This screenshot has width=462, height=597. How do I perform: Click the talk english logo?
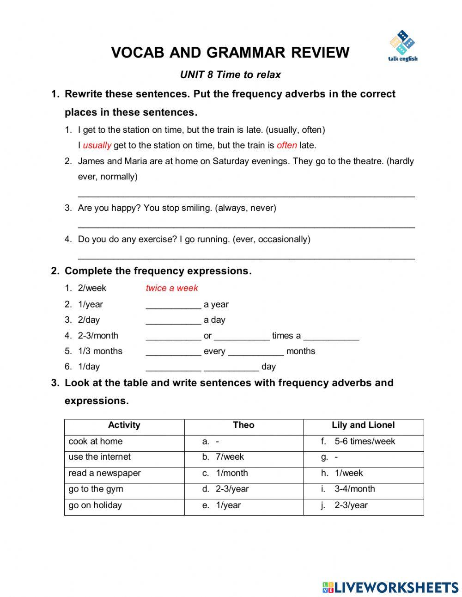(402, 46)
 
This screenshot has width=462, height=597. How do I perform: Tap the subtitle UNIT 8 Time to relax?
(231, 74)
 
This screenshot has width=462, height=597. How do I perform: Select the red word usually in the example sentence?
(97, 145)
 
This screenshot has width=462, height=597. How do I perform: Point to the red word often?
(286, 145)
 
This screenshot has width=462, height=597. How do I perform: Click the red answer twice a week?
(172, 288)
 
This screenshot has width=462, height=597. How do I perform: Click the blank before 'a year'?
(173, 305)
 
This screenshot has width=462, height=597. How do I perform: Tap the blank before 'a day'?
(173, 320)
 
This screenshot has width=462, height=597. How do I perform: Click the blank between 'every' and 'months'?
(256, 352)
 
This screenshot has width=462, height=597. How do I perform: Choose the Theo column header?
(243, 425)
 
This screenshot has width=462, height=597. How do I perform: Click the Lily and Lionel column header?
(363, 425)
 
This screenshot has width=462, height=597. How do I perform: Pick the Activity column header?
(124, 425)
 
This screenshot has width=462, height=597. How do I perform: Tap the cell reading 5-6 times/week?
(365, 441)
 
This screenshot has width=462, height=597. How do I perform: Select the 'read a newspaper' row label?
(104, 473)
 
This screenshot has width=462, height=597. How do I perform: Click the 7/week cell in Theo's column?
(230, 457)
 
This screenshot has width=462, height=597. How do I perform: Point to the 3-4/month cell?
(355, 489)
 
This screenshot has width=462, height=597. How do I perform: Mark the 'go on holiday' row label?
(95, 505)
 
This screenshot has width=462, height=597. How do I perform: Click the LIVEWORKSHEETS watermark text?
(396, 587)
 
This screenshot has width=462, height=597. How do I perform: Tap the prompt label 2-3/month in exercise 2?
(98, 336)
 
